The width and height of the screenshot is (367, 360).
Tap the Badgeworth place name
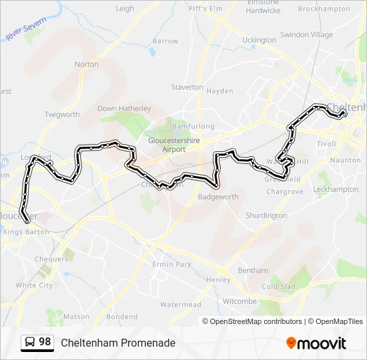click(x=218, y=197)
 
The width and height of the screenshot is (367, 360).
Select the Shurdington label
click(x=266, y=215)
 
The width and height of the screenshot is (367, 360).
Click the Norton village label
click(x=86, y=64)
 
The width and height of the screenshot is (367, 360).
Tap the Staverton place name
click(x=187, y=87)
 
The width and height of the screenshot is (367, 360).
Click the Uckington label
click(x=259, y=40)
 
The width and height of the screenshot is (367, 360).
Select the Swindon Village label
click(x=306, y=35)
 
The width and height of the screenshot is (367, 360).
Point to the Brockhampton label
click(x=324, y=9)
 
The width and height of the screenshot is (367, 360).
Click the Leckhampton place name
click(x=336, y=189)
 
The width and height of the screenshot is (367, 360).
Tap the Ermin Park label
click(x=171, y=265)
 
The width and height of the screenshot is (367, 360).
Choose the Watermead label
click(x=180, y=305)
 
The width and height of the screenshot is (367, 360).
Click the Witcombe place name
click(x=239, y=301)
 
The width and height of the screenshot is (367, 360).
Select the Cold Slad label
click(x=278, y=287)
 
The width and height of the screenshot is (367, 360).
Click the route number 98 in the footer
click(x=45, y=342)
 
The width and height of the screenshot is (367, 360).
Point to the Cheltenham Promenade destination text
click(x=118, y=343)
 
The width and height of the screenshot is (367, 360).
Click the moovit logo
click(x=316, y=343)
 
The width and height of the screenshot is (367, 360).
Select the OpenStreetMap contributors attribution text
click(x=256, y=321)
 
